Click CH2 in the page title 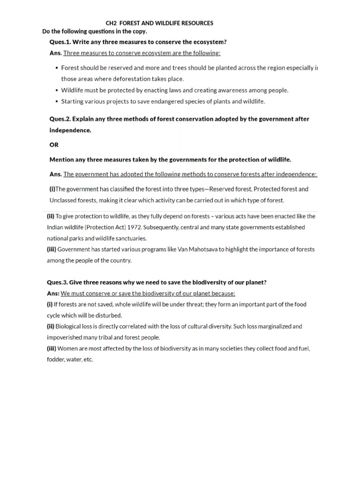(111, 23)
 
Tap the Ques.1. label (61, 42)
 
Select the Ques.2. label (61, 119)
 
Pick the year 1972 (132, 227)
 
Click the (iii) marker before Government (51, 249)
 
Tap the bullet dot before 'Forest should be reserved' (56, 68)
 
